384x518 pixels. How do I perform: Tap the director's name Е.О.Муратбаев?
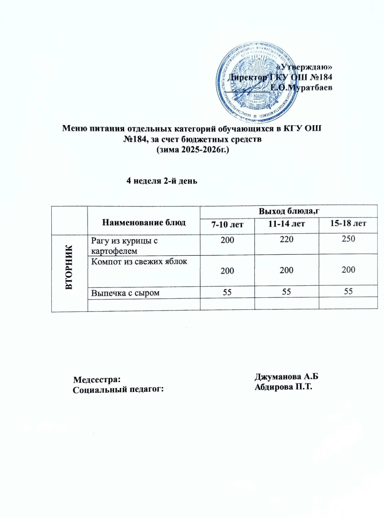(x=301, y=88)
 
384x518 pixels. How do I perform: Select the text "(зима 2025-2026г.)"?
(x=193, y=150)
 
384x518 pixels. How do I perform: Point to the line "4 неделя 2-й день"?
(x=162, y=181)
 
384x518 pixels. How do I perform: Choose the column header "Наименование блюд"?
(x=143, y=222)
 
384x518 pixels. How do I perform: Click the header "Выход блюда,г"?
(x=289, y=211)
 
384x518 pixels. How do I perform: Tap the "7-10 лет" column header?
(x=227, y=225)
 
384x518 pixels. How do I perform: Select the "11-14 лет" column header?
(x=286, y=224)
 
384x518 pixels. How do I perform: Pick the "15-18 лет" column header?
(x=348, y=223)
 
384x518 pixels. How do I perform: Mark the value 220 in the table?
(x=286, y=239)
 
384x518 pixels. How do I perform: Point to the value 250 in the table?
(x=348, y=238)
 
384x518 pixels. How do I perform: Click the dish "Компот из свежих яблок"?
(x=139, y=261)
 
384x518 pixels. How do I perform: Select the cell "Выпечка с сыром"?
(x=125, y=293)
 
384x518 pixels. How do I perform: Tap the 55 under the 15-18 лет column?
(x=348, y=291)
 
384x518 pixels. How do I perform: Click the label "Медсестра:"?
(x=97, y=379)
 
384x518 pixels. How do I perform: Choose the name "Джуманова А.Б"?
(x=286, y=377)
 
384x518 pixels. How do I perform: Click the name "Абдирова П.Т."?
(x=283, y=387)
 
